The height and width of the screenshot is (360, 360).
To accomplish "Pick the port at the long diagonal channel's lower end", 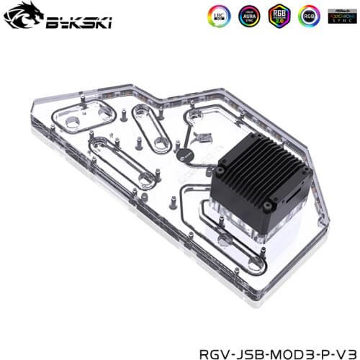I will pyautogui.click(x=148, y=177).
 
